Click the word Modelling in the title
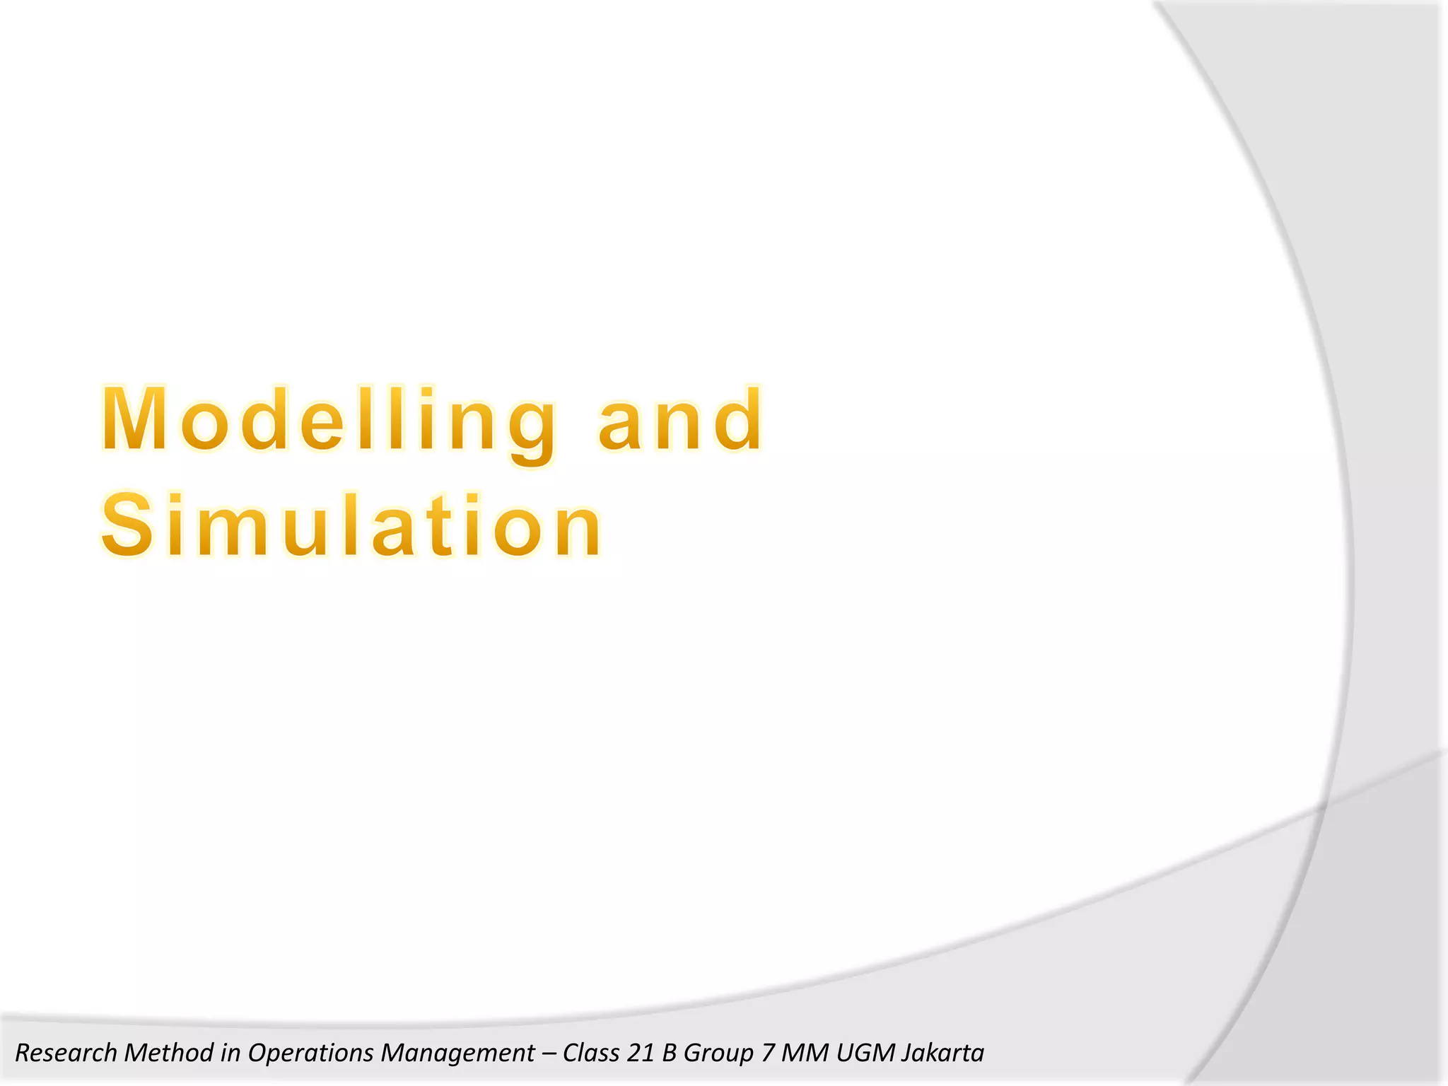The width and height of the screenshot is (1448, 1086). coord(329,420)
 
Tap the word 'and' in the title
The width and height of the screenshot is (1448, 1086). coord(680,420)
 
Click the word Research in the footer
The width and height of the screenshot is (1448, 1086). coord(66,1053)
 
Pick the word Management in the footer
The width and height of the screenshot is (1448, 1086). coord(457,1053)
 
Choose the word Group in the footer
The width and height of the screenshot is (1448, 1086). coord(718,1053)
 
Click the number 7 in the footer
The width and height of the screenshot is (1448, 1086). coord(768,1053)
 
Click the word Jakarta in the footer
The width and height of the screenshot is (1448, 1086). coord(943,1053)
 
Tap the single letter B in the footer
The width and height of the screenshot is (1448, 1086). coord(669,1053)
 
